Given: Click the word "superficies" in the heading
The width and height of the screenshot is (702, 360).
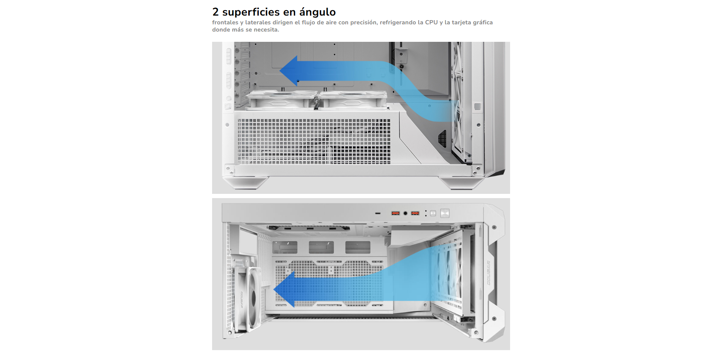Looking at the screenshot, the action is click(251, 12).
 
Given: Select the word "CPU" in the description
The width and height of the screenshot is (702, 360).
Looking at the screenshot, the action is click(431, 22).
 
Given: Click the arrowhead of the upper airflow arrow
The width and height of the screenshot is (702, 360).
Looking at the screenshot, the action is click(289, 71).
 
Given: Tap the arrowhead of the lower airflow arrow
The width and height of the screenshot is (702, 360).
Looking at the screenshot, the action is click(284, 290).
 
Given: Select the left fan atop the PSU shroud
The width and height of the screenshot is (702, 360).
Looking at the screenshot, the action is click(281, 100).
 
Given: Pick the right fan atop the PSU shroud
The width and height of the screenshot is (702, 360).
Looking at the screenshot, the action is click(353, 100).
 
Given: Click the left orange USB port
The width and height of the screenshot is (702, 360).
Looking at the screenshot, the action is click(396, 213).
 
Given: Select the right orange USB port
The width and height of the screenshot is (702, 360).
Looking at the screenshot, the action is click(415, 213).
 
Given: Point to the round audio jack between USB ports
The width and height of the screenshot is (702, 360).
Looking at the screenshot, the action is click(406, 213).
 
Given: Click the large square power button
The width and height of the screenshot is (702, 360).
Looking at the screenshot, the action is click(445, 213).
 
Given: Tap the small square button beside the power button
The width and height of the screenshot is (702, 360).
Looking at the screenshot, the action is click(433, 213).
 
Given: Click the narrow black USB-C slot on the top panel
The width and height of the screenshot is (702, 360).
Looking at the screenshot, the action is click(378, 213).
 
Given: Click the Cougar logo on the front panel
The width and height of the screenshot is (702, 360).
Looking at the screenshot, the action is click(488, 273).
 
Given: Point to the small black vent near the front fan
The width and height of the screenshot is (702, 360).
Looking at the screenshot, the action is click(442, 138).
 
